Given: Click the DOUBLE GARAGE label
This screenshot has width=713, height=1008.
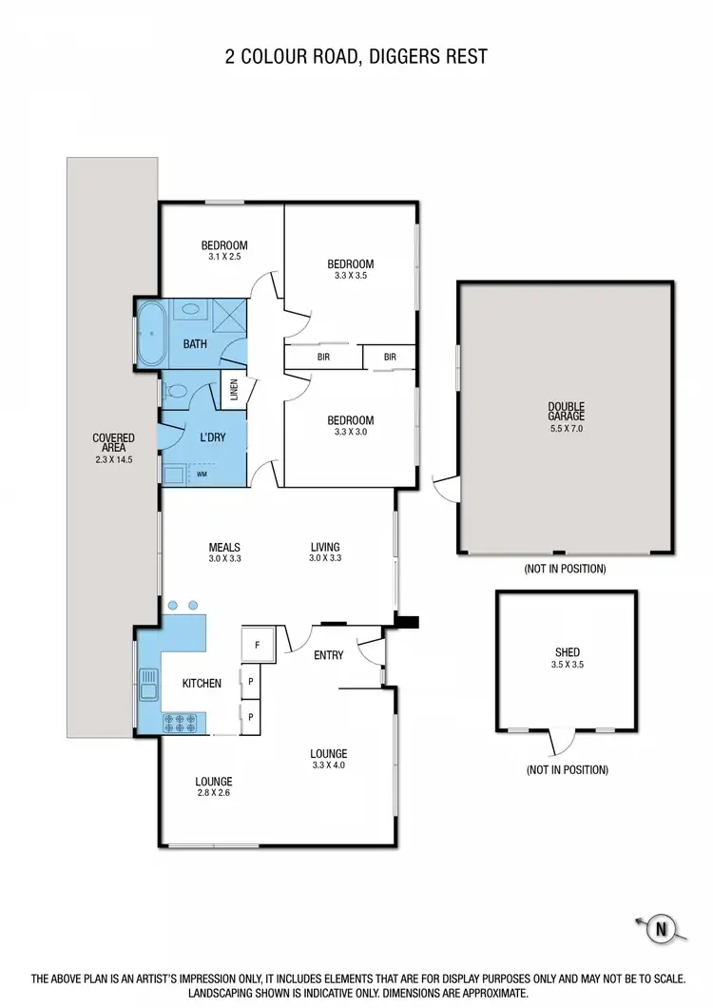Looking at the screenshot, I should [x=567, y=410].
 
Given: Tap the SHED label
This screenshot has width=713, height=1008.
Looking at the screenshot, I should [x=567, y=652].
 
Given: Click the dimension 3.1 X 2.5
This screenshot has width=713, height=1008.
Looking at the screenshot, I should [x=224, y=257].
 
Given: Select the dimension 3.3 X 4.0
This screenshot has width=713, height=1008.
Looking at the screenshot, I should [x=327, y=765].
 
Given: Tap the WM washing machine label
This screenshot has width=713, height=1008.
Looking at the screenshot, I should [x=202, y=473].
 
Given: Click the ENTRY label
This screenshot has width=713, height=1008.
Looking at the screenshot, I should [x=328, y=655].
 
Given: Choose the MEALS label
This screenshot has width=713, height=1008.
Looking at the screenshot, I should [x=224, y=547].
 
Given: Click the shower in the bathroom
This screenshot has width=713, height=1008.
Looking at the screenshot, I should [x=229, y=314].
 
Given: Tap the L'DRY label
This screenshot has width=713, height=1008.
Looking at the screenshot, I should [x=212, y=438].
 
